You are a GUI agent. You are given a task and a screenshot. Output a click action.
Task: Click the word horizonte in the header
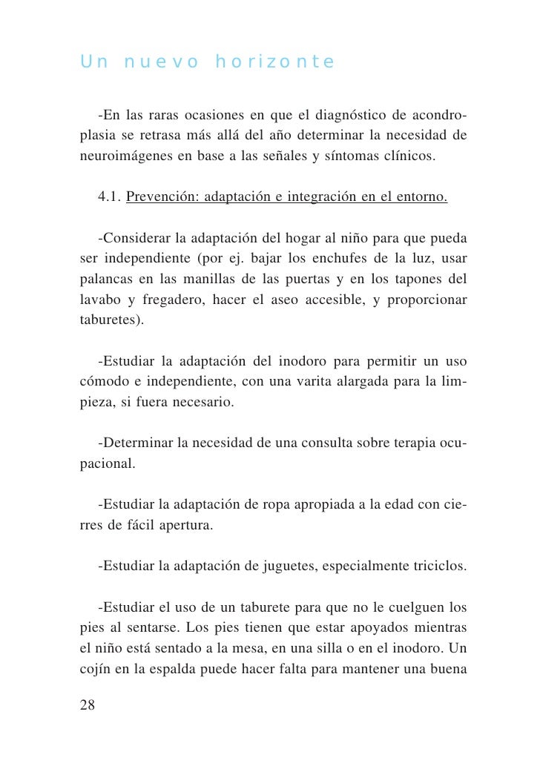click(274, 62)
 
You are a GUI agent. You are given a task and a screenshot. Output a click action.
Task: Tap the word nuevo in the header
click(160, 62)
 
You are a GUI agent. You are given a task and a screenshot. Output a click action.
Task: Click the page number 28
click(87, 705)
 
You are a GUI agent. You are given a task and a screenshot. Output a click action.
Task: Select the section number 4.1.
click(109, 198)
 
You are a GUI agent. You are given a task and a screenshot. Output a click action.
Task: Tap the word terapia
click(402, 443)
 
